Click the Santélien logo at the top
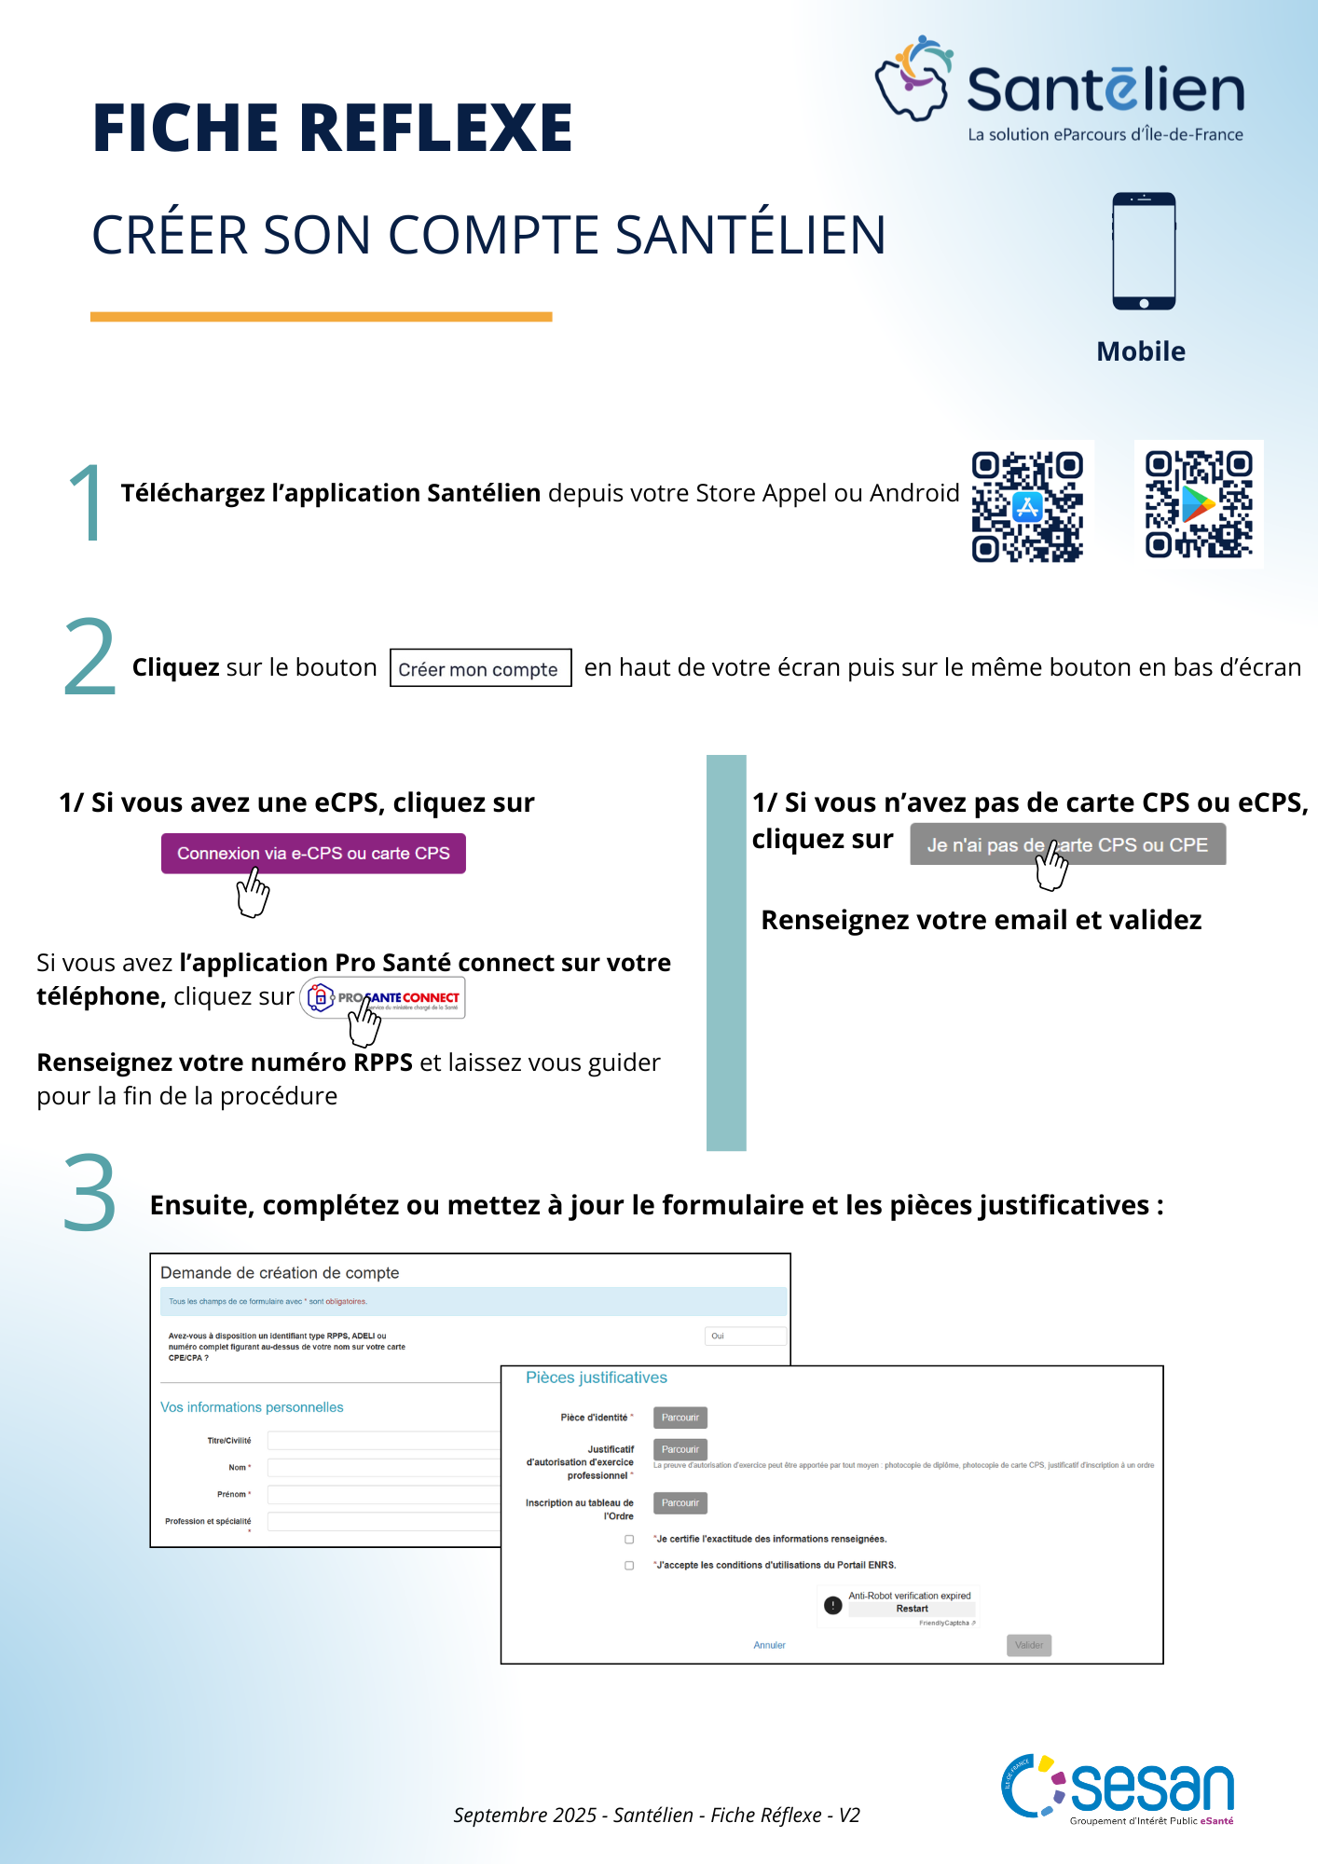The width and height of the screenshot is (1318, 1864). [1059, 89]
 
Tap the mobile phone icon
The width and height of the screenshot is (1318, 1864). [1144, 251]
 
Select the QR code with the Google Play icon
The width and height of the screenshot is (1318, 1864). [1199, 504]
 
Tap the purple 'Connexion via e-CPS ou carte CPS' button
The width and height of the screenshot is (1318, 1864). [313, 854]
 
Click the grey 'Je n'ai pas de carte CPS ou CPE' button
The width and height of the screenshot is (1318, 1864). [1067, 844]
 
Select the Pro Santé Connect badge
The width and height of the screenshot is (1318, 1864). [383, 998]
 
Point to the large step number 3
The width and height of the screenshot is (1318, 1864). [89, 1194]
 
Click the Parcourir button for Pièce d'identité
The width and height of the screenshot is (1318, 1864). [680, 1418]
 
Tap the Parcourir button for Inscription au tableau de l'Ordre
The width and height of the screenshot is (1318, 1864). [680, 1502]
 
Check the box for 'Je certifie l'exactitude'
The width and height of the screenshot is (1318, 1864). [629, 1540]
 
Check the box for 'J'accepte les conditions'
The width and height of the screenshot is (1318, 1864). [629, 1566]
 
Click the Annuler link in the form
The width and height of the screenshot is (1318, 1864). [769, 1645]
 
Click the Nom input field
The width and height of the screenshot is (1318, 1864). [383, 1468]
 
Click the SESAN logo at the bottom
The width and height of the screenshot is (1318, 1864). [1119, 1789]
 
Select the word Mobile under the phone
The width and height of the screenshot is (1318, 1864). [1141, 351]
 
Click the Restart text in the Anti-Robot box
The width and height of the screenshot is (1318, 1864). [912, 1609]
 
